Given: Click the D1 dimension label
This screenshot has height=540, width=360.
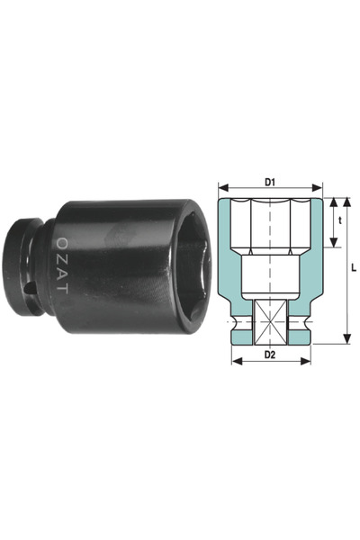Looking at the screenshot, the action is tap(270, 182).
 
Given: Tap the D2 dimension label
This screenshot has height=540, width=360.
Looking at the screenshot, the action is tap(270, 355).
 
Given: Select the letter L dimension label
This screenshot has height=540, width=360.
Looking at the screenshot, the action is tap(354, 267).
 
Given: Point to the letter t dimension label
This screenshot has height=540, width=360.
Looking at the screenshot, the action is tap(340, 220).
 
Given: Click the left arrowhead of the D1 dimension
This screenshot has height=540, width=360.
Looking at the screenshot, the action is tap(223, 188).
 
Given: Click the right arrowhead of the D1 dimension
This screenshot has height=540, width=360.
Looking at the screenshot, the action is tap(317, 188).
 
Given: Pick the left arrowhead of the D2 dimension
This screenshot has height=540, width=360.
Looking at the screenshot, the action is tap(237, 361).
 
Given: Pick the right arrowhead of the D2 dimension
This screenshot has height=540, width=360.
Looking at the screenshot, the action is tap(306, 361).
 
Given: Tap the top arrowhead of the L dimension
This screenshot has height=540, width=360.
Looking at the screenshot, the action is tap(346, 202).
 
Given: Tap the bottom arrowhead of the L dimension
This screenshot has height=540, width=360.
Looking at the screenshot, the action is tap(347, 338).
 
